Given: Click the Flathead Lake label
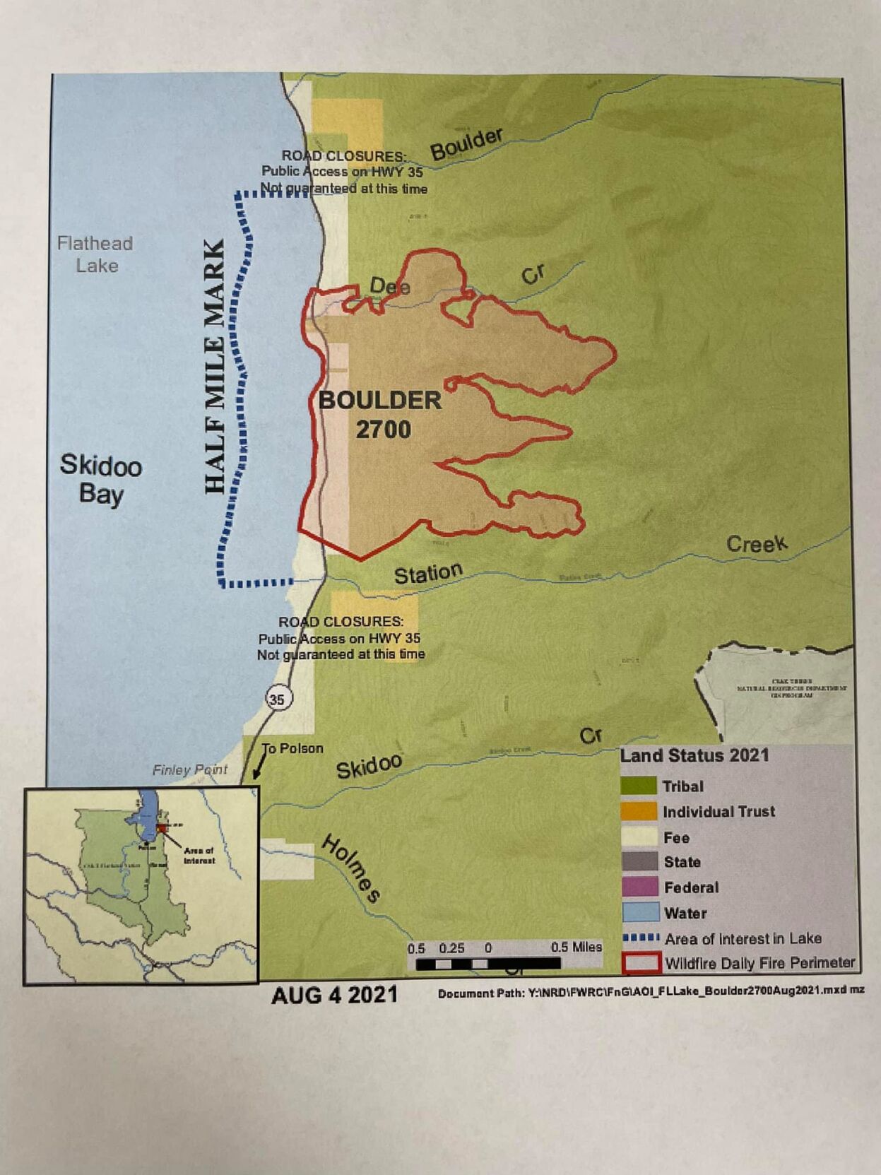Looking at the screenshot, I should point(95,254).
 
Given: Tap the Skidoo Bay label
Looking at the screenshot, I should point(101,479).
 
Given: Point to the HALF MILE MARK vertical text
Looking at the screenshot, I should point(215,367).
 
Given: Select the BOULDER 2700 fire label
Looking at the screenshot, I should point(380,415).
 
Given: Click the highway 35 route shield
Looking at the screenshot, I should point(277,699).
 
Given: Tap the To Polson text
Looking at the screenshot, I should point(293,748).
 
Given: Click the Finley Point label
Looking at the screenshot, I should point(189,769).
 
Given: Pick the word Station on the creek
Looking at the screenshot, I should point(428,573).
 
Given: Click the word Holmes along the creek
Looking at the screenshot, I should point(351,868).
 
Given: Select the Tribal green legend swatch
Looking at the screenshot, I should point(639,786).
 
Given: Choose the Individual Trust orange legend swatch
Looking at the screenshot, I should point(639,811).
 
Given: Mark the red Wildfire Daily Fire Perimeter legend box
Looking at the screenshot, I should point(641,962).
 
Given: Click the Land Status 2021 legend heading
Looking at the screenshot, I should point(694,755).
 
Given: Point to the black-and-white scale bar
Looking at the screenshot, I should point(487,963).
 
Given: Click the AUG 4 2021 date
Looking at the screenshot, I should point(334,995).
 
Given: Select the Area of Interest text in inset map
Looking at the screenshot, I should point(199,855).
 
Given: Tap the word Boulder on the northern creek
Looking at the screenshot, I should point(466,143).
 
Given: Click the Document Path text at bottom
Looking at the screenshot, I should point(650,992).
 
